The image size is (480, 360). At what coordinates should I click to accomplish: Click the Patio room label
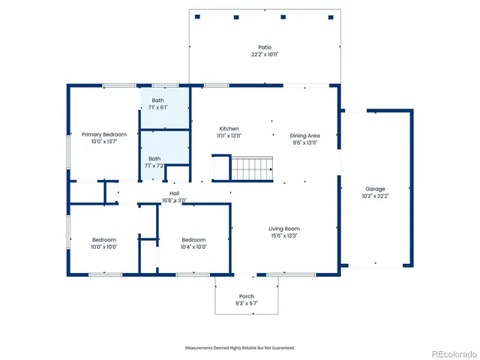(x=265, y=47)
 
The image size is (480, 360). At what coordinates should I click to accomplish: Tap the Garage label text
(x=375, y=189)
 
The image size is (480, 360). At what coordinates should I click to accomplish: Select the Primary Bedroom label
(x=104, y=134)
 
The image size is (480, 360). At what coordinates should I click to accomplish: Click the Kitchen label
(x=229, y=128)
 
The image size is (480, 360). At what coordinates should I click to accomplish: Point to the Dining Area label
(x=305, y=136)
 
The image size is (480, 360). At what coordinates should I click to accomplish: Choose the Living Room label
(x=284, y=229)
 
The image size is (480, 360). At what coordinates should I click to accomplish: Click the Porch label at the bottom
(x=246, y=297)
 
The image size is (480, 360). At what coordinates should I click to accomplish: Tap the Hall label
(x=174, y=193)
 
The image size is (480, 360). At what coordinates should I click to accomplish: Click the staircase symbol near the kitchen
(x=251, y=169)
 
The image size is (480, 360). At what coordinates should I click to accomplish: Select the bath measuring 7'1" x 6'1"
(x=157, y=100)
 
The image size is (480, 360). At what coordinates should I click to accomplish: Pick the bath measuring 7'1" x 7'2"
(x=154, y=158)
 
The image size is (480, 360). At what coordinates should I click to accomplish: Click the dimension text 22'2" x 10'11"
(x=265, y=55)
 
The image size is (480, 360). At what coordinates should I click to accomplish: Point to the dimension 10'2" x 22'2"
(x=375, y=196)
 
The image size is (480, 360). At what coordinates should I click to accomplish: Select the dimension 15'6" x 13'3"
(x=284, y=235)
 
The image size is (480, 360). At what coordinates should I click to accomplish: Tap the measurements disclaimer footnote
(x=240, y=347)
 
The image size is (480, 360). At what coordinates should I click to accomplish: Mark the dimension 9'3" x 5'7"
(x=246, y=304)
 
